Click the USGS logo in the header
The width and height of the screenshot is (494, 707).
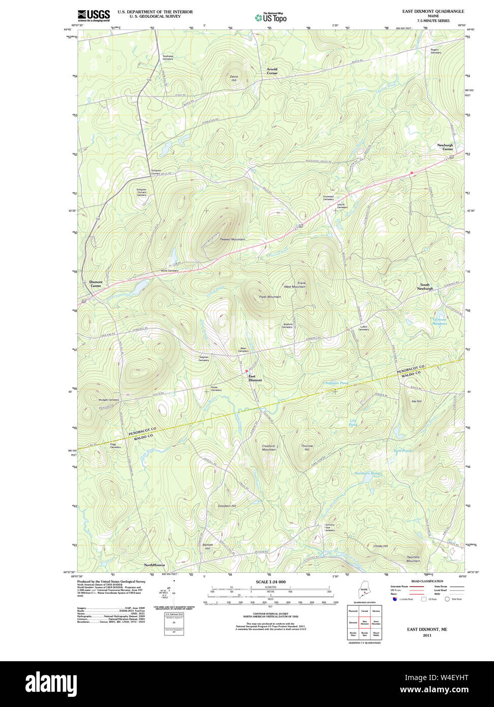94,15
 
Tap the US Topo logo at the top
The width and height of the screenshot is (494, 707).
270,17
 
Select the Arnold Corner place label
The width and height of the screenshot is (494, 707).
272,71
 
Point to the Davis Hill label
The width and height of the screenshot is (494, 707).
234,78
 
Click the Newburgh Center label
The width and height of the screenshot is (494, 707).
445,147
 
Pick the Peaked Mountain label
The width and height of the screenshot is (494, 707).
233,239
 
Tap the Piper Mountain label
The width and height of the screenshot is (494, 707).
270,297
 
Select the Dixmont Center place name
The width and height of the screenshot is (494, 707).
96,284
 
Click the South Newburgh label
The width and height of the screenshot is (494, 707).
425,287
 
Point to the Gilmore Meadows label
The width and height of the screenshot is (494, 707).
440,321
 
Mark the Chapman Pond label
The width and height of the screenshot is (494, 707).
336,382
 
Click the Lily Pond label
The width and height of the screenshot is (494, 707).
353,422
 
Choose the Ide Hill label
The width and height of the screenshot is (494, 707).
416,401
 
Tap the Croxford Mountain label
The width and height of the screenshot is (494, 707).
269,448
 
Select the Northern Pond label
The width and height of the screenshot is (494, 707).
367,473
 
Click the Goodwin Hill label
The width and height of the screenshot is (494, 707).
227,506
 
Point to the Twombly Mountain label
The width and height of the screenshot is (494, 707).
413,559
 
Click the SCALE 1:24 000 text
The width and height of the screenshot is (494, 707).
270,582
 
